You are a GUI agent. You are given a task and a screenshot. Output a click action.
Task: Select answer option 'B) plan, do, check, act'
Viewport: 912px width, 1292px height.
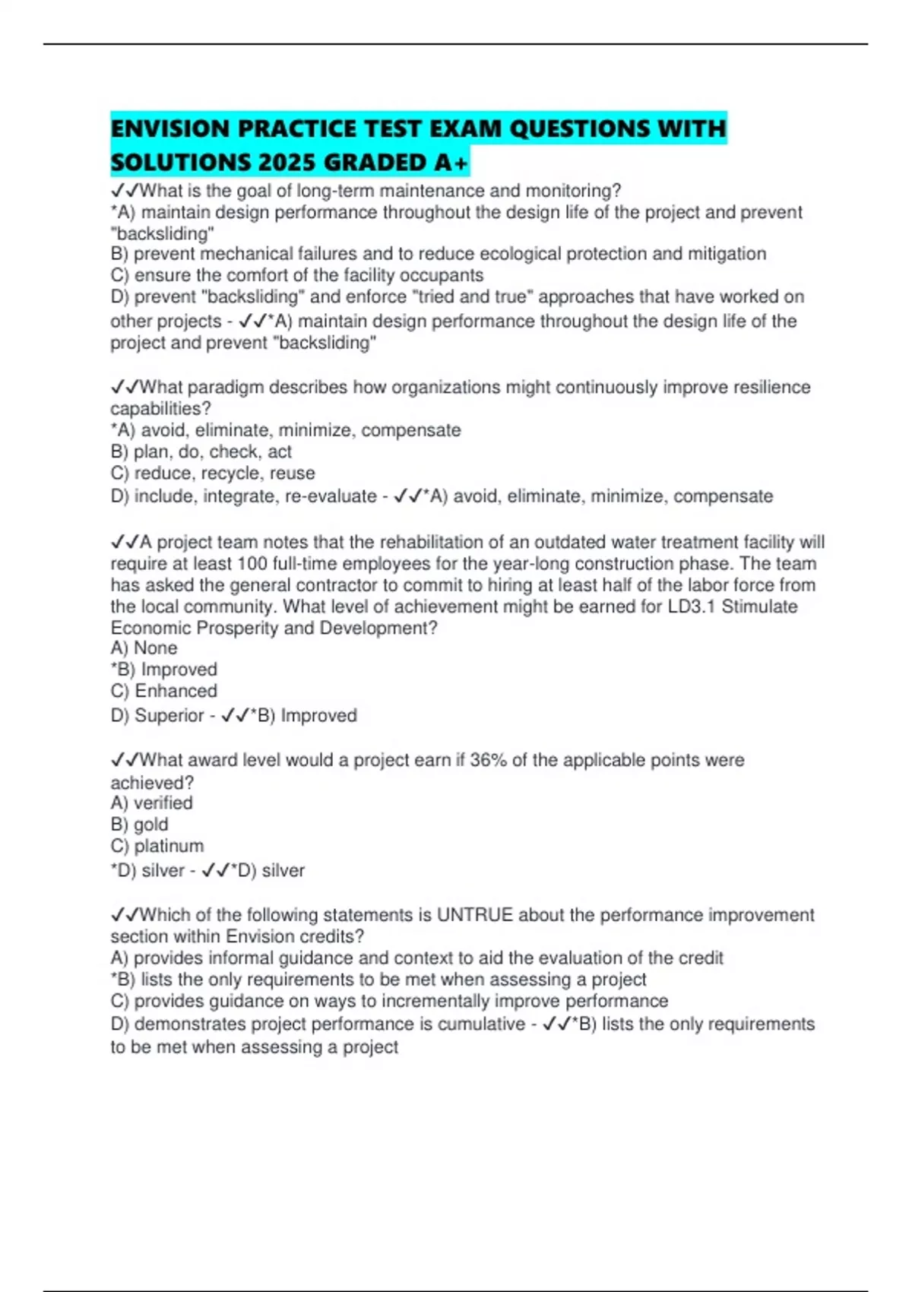click(x=201, y=451)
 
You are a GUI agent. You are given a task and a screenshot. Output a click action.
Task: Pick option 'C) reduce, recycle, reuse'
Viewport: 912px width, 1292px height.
click(x=212, y=473)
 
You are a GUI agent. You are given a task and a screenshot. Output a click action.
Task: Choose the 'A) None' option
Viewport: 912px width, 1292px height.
click(x=144, y=648)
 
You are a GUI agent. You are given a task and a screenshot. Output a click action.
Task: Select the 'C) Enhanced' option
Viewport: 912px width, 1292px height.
click(x=163, y=691)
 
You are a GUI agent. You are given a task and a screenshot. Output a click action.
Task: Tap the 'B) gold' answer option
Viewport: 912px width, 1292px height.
click(x=139, y=825)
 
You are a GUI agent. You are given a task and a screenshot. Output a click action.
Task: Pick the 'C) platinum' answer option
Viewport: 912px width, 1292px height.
click(x=157, y=846)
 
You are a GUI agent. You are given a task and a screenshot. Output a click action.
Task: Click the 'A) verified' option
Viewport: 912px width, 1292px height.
click(x=151, y=803)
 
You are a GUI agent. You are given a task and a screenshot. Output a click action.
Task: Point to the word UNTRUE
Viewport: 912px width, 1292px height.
click(x=474, y=915)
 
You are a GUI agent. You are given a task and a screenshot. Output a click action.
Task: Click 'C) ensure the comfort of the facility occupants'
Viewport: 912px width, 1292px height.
click(x=296, y=275)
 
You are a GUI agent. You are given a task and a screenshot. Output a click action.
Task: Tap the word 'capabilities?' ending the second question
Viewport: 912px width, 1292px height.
click(x=160, y=409)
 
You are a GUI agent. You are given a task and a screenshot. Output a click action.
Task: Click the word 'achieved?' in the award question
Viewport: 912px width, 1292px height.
click(x=152, y=783)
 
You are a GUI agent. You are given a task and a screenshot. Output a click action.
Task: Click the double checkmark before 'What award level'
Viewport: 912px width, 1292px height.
click(x=125, y=760)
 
